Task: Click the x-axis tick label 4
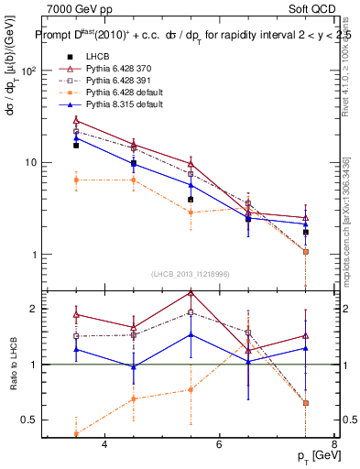coord(104,444)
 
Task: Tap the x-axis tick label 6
coord(219,444)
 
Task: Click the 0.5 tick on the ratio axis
coord(29,420)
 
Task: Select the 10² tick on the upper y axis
coord(29,71)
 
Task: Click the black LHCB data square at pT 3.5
coord(76,145)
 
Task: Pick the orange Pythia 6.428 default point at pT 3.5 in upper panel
coord(76,180)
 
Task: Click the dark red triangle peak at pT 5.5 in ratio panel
coord(191,293)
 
